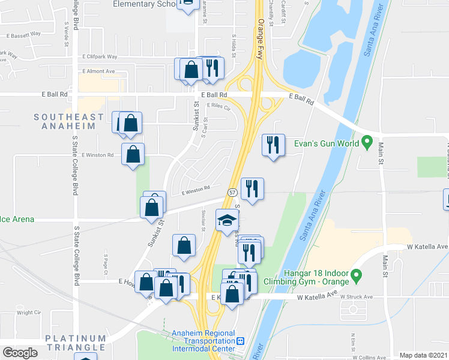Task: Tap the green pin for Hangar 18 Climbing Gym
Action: tap(356, 277)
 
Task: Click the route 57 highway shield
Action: tap(233, 192)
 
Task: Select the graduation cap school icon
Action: tap(227, 223)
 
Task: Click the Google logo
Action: tap(20, 352)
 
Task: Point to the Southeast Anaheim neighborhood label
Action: tap(68, 121)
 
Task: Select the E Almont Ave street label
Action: tap(98, 71)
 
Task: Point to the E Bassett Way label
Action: tap(23, 34)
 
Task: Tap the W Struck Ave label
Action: tap(357, 296)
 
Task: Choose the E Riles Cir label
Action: tap(218, 107)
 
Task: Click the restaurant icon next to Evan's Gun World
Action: tap(272, 144)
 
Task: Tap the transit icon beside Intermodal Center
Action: tap(241, 341)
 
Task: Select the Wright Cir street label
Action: tap(28, 313)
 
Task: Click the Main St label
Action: tap(381, 154)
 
